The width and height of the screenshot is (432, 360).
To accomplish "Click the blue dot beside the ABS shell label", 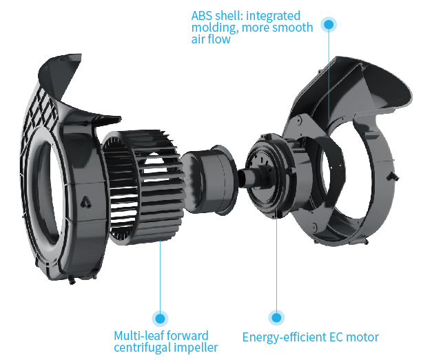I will pos(329,25).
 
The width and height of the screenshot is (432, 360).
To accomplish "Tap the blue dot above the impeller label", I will pos(160,318).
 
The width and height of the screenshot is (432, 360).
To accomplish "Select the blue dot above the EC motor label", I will pos(276,318).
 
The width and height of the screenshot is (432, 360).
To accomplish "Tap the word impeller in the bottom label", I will pos(197,348).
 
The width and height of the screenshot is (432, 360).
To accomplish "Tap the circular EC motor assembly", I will pos(271,175).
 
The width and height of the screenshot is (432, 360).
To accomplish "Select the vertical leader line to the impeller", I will pos(160,276).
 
